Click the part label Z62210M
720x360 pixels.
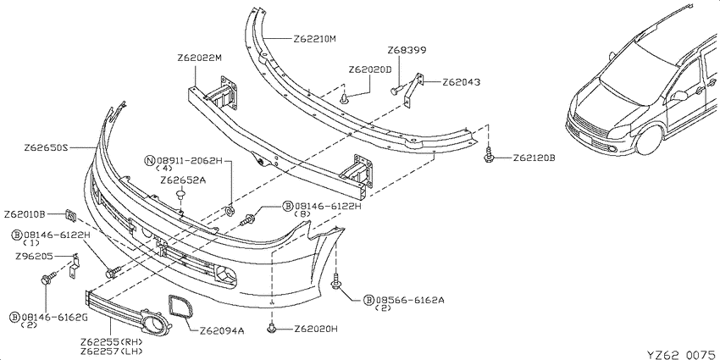tap(314, 39)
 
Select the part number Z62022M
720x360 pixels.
tap(199, 58)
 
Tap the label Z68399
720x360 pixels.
tap(407, 50)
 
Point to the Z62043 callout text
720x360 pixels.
tap(462, 83)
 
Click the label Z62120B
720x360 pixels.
tap(534, 158)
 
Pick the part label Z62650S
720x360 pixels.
tap(46, 148)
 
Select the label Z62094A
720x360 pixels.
tap(222, 330)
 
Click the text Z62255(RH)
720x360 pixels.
tap(112, 342)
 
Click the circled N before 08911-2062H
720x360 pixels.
tap(150, 161)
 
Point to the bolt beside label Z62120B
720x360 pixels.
tap(490, 155)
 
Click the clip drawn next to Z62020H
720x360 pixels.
tap(272, 328)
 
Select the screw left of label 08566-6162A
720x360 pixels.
tap(336, 282)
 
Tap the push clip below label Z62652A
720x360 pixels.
tap(181, 198)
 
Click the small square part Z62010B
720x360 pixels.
tap(70, 214)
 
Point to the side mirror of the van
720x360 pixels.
tap(678, 96)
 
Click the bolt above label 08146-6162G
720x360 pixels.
tap(48, 278)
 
